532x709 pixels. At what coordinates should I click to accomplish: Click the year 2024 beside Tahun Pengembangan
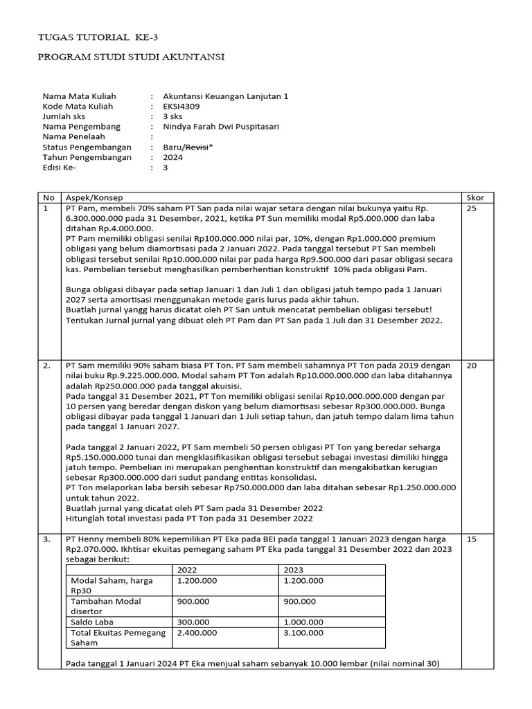tap(172, 157)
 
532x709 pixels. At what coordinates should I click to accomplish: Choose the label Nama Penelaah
tap(76, 137)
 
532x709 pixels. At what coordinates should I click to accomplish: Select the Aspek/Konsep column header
tap(94, 197)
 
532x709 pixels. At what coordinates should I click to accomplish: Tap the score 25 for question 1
tap(472, 208)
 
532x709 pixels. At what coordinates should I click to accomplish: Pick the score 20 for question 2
tap(472, 365)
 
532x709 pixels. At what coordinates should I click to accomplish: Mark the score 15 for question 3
tap(472, 539)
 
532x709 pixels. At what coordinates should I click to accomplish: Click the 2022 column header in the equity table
tap(188, 569)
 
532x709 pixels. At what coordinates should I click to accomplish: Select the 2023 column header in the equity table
tap(294, 569)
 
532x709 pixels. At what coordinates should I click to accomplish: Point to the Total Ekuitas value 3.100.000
tap(303, 632)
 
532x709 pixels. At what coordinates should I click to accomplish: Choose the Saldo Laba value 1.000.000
tap(303, 622)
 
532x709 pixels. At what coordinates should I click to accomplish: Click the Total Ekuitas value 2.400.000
tap(197, 632)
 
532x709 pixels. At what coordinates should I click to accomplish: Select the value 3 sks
tap(172, 117)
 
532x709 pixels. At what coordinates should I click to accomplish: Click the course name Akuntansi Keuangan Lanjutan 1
tap(225, 96)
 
